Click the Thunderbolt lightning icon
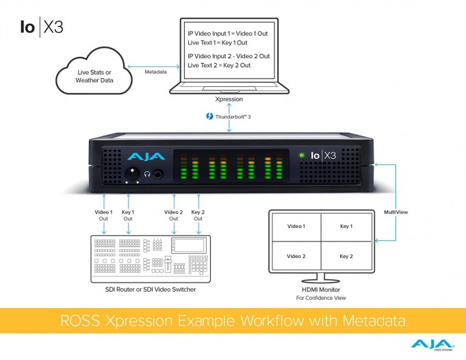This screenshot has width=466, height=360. click(x=209, y=116)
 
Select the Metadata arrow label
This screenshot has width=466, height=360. click(x=155, y=72)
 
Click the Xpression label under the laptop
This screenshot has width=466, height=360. click(x=229, y=99)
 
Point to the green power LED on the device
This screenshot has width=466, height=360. click(x=302, y=155)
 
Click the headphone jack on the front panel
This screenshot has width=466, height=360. click(x=158, y=174)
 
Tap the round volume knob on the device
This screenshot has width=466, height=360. click(x=132, y=174)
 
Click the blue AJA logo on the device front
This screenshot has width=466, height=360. click(x=146, y=156)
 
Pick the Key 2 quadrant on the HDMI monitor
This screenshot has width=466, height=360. click(x=346, y=256)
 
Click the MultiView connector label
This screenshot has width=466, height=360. click(x=396, y=212)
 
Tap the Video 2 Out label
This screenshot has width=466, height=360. click(x=174, y=216)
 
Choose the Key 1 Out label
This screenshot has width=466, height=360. click(x=128, y=216)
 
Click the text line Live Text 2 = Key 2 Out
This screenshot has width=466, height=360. click(x=219, y=66)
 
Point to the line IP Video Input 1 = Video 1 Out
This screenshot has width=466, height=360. click(x=228, y=34)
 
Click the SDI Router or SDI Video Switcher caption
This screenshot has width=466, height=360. click(x=151, y=290)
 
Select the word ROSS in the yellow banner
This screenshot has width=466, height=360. click(x=80, y=321)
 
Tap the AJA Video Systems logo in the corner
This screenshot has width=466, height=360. click(x=432, y=345)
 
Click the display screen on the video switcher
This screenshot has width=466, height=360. click(x=189, y=246)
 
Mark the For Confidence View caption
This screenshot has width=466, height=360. click(x=321, y=298)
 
